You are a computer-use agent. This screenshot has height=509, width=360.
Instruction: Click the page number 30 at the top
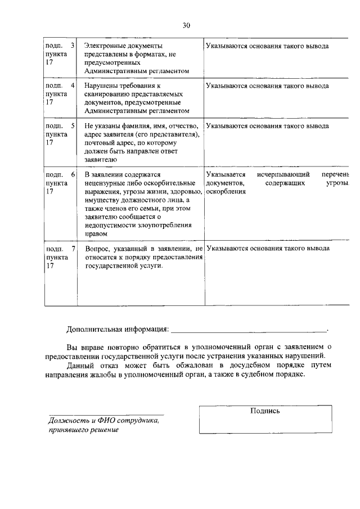point(187,25)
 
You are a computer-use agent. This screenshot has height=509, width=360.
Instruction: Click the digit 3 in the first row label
point(73,46)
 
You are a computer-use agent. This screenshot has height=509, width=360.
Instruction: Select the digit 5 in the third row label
point(73,126)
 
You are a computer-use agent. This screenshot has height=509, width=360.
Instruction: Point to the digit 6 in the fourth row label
point(73,175)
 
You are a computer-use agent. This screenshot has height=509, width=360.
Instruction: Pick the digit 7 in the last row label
point(73,249)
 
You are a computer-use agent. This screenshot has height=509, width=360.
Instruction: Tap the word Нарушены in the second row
point(101,86)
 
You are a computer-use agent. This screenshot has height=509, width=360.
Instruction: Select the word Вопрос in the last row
point(98,249)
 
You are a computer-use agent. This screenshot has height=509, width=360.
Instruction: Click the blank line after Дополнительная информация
point(248,328)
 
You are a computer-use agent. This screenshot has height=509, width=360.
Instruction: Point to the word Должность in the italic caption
point(67,421)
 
